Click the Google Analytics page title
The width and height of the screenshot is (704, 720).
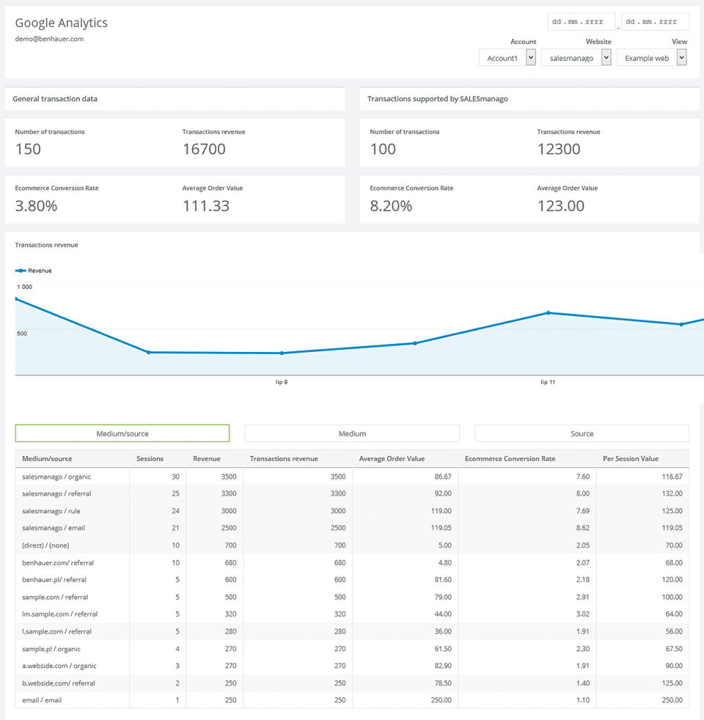pos(61,23)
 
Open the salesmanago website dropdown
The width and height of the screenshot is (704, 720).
pos(576,58)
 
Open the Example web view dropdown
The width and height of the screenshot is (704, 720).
pos(652,58)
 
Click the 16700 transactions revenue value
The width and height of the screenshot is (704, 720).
pos(204,149)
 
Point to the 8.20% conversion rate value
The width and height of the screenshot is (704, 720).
pos(391,206)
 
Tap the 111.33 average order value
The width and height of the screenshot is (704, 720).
pos(206,206)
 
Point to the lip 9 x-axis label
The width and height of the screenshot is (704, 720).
pos(281,382)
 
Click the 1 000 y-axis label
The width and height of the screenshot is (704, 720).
pos(25,287)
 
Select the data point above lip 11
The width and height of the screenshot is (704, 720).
pos(548,313)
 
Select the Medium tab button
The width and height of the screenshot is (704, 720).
pos(352,433)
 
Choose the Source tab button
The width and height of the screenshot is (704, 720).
pos(582,433)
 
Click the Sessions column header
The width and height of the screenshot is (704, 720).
pos(150,459)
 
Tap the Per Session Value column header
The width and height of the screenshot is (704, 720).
pos(631,459)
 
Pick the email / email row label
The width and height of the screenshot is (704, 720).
pos(42,700)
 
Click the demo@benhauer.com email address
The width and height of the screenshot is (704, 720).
pos(49,39)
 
